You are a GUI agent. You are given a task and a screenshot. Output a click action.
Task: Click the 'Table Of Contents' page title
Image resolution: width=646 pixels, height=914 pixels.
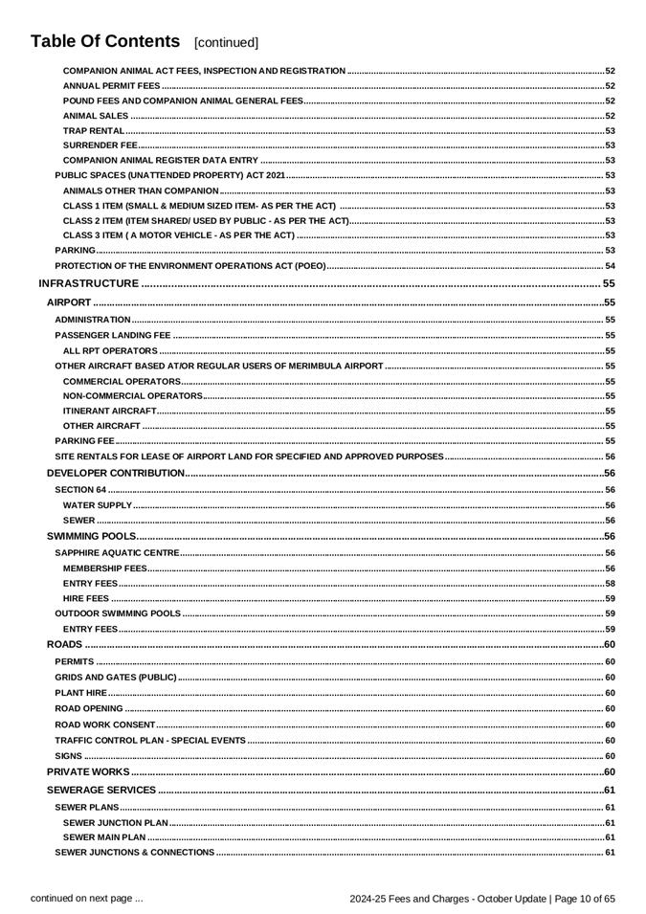point(105,41)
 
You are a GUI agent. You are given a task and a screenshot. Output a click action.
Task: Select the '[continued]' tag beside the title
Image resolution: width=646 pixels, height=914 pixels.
point(226,43)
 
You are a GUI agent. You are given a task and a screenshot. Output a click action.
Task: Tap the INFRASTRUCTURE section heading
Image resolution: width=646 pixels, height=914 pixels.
point(89,283)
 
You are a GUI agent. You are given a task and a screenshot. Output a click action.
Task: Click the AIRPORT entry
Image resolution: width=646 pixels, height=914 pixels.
point(69,302)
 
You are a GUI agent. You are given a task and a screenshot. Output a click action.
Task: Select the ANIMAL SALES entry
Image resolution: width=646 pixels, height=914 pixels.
point(96,116)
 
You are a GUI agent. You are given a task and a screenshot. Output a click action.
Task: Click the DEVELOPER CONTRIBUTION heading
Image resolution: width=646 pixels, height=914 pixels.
point(116,473)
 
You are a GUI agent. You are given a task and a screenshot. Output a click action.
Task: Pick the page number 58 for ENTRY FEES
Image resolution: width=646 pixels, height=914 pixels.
point(610,583)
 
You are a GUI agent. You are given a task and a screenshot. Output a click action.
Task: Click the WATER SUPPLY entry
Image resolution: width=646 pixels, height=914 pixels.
point(98,505)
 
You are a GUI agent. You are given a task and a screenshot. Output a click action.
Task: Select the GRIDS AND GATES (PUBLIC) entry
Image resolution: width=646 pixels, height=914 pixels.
point(116,678)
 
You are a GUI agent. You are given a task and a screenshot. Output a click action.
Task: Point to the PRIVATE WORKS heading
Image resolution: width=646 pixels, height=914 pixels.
point(88,771)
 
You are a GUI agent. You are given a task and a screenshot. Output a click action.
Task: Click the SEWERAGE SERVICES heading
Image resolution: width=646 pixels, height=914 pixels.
point(101,790)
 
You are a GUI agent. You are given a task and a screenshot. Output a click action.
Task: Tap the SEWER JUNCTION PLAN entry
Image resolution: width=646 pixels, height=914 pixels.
point(116,822)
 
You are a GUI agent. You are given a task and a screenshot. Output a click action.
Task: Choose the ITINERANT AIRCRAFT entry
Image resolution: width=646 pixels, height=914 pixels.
point(109,411)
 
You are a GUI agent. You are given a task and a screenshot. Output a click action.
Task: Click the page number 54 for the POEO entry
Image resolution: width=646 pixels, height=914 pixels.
point(610,265)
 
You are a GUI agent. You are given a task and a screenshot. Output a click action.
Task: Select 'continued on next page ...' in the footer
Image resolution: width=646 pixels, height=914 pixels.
point(87,898)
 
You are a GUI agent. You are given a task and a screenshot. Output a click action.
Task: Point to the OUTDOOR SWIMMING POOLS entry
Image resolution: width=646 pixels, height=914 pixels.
point(118,613)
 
